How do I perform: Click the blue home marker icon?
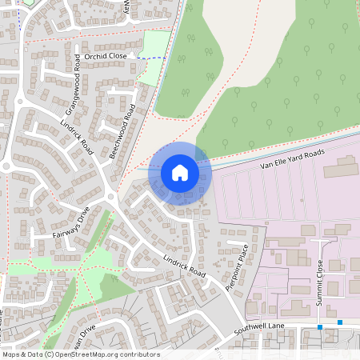click(x=180, y=172)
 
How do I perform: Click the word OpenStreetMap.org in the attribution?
click(x=90, y=354)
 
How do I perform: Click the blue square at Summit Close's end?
click(x=320, y=326)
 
